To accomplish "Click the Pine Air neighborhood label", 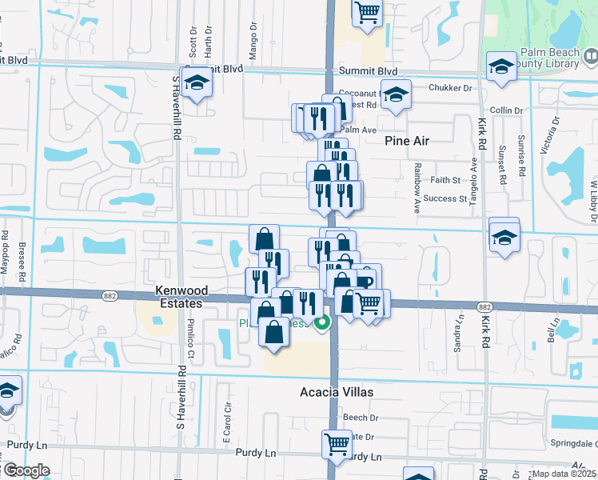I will coord(407,141).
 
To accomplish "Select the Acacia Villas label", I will coord(337,393).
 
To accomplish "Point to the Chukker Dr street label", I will coord(450,87).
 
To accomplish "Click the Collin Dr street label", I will coord(506,110).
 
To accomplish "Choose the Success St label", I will coord(445,198).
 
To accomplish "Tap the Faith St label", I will coord(446,181).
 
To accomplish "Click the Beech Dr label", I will coord(361,418).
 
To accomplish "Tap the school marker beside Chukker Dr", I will coord(394,94).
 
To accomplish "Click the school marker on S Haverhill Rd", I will coord(196,82).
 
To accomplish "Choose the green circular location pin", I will coord(322,323).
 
